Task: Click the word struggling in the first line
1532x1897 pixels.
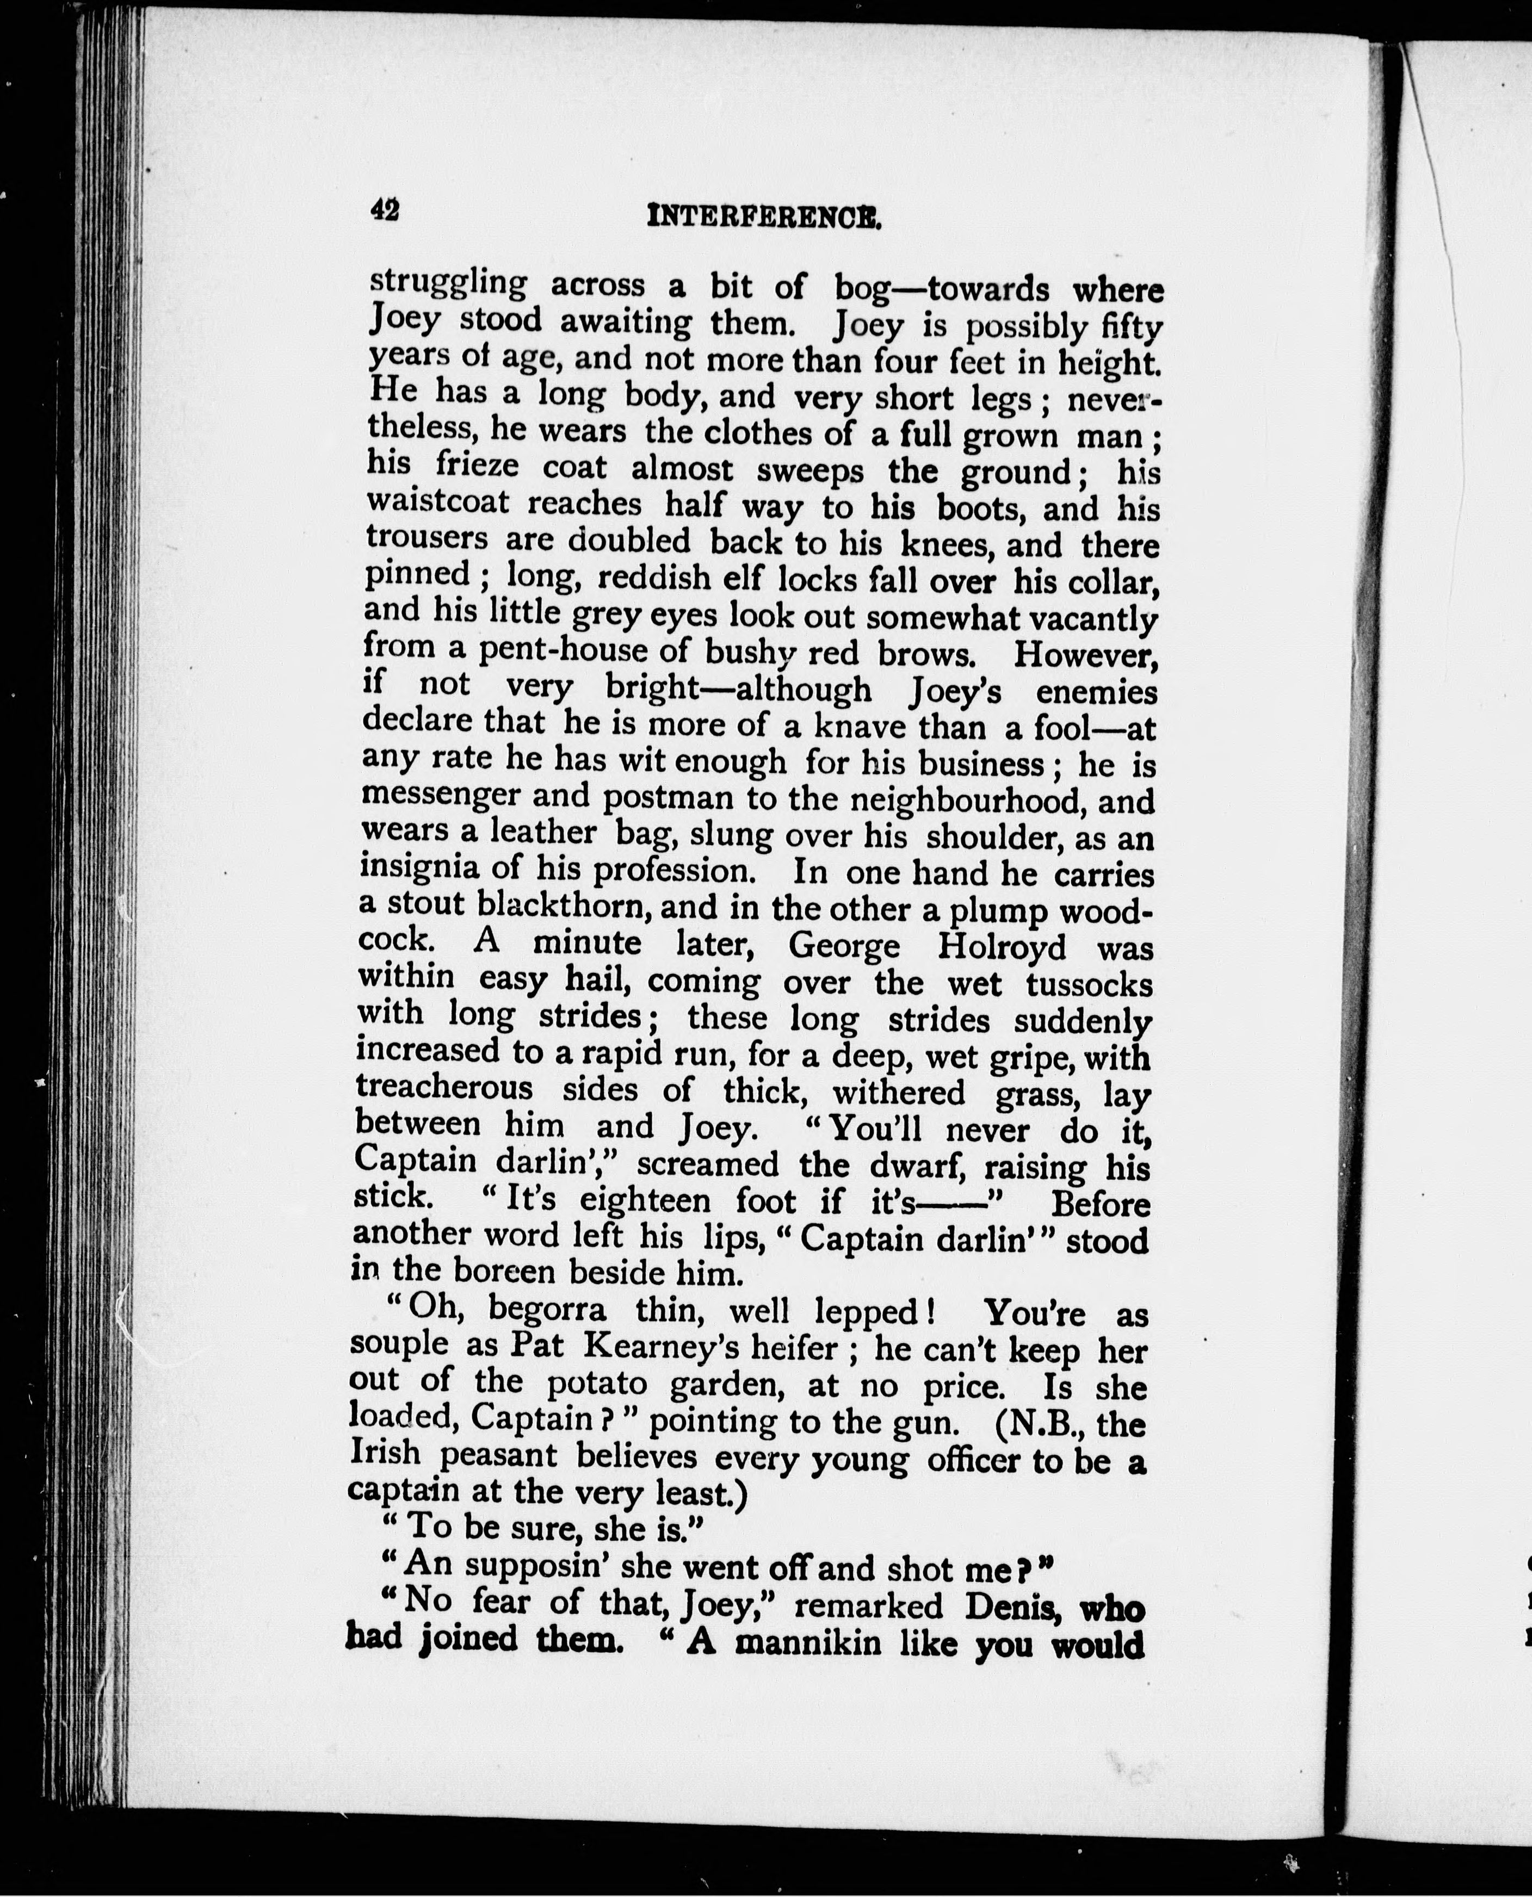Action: [x=448, y=284]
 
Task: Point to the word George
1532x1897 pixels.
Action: [x=844, y=947]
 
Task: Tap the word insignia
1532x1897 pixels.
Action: [x=420, y=868]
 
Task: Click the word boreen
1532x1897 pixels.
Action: [x=503, y=1272]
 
